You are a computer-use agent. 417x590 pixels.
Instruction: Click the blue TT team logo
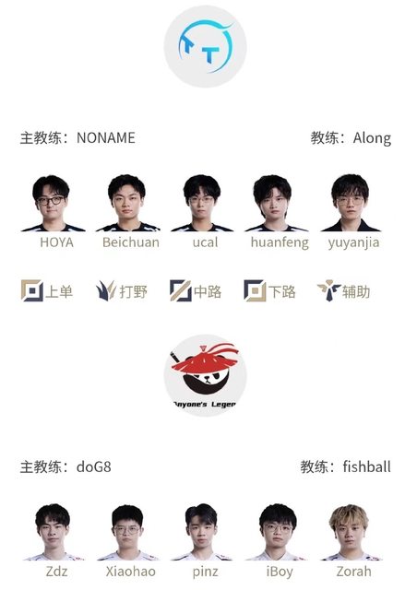click(x=206, y=47)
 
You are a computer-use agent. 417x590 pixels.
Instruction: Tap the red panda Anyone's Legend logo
click(x=206, y=375)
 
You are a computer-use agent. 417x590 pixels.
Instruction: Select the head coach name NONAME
click(x=106, y=138)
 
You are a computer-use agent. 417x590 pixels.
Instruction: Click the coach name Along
click(x=372, y=138)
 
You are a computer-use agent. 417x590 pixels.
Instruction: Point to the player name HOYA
click(x=56, y=242)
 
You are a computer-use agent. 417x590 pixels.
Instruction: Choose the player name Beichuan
click(x=131, y=242)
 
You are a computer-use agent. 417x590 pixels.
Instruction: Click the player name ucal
click(x=206, y=242)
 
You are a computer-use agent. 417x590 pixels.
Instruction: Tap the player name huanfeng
click(x=280, y=242)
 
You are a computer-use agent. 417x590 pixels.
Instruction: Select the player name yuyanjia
click(x=353, y=242)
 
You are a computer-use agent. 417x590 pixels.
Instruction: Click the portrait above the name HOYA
click(x=53, y=203)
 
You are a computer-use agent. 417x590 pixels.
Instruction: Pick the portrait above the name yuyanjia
click(x=351, y=203)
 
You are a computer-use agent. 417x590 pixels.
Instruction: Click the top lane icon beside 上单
click(x=32, y=290)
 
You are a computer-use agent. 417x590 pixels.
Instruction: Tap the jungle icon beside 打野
click(x=106, y=290)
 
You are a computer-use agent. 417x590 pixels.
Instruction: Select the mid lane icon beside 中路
click(x=181, y=290)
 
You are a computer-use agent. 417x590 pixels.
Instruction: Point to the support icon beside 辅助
click(x=328, y=290)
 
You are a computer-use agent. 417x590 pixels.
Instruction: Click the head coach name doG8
click(x=94, y=467)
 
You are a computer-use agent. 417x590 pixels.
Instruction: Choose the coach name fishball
click(x=366, y=466)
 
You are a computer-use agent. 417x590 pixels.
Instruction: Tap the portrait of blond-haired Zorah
click(x=351, y=532)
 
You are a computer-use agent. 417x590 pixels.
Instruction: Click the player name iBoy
click(x=280, y=572)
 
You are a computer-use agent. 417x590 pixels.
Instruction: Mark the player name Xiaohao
click(x=131, y=572)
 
